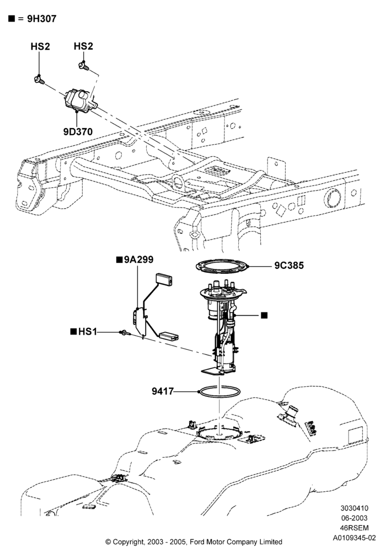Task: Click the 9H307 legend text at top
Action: tap(41, 19)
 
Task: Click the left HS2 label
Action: tap(40, 46)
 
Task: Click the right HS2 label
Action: tap(83, 46)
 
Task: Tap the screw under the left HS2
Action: tap(39, 80)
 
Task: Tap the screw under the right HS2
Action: tap(84, 66)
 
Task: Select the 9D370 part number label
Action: tap(78, 132)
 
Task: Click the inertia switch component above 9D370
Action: tap(81, 101)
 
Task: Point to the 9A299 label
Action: tap(138, 260)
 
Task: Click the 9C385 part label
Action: tap(289, 265)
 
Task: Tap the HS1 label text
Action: tap(88, 332)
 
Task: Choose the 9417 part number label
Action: tap(163, 391)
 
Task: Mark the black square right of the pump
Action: tap(264, 315)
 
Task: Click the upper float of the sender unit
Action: tap(164, 279)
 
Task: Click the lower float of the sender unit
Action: tap(169, 337)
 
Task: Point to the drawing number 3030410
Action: tap(355, 508)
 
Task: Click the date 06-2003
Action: tap(355, 518)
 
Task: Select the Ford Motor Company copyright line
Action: tap(194, 542)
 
